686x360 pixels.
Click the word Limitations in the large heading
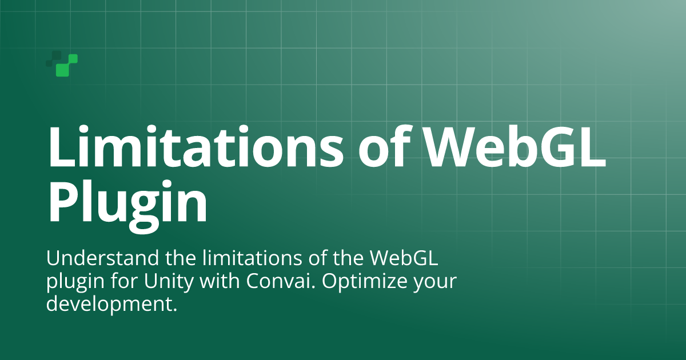tap(196, 146)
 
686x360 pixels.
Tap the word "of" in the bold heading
tap(385, 146)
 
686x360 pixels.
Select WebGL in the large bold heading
tap(515, 146)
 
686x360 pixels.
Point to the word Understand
tap(102, 258)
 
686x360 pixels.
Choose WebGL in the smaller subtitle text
tap(404, 258)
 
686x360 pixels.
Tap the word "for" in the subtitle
tap(124, 281)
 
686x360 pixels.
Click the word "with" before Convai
tap(220, 281)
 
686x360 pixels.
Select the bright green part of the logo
tap(67, 66)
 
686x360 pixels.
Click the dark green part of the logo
tap(53, 58)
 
